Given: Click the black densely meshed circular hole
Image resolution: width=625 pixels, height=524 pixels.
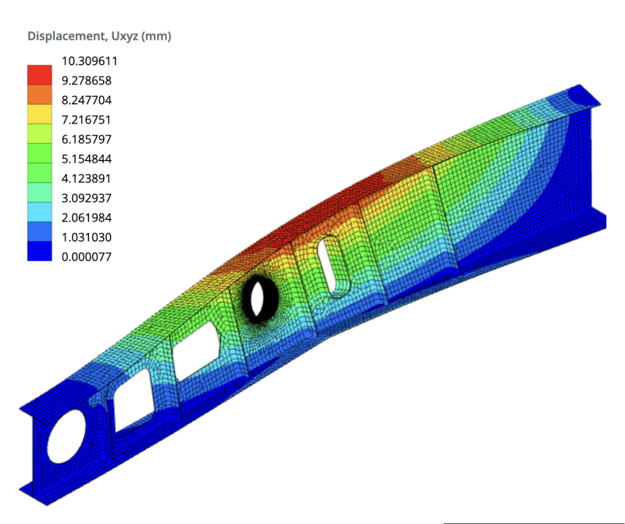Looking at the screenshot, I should (256, 296).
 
